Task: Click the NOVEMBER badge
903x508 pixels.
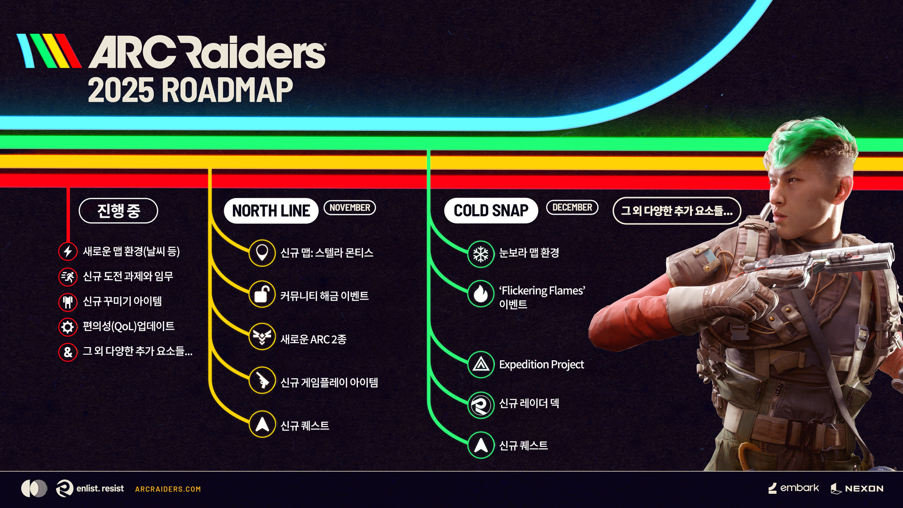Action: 349,207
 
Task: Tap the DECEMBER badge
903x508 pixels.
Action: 572,207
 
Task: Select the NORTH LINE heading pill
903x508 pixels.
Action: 271,211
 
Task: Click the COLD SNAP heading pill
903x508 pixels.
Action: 491,211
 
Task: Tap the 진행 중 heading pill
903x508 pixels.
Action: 119,211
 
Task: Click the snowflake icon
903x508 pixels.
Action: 481,254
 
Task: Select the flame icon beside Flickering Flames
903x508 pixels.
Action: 481,294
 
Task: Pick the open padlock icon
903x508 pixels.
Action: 262,294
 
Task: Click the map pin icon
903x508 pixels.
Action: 262,253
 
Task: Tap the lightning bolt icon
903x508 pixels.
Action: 68,251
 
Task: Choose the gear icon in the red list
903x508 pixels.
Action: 68,327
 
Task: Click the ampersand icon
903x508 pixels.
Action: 68,352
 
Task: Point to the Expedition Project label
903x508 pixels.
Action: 541,365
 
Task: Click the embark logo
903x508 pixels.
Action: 793,488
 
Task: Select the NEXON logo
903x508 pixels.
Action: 857,489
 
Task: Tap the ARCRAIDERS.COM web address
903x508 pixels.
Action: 168,489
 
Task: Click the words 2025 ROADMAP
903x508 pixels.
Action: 190,90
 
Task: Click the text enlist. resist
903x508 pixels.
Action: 100,489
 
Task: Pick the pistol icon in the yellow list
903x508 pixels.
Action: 262,380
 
